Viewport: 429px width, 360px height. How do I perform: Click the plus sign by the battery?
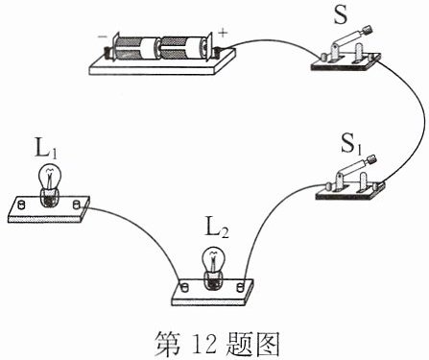pyautogui.click(x=223, y=33)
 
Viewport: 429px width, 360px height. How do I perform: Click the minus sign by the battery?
pyautogui.click(x=103, y=36)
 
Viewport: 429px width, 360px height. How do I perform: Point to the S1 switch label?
pyautogui.click(x=352, y=144)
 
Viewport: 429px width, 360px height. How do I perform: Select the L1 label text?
pyautogui.click(x=46, y=150)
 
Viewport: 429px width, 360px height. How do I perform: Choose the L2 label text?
pyautogui.click(x=217, y=228)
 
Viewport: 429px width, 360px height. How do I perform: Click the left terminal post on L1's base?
pyautogui.click(x=21, y=204)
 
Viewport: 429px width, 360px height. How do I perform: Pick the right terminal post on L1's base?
pyautogui.click(x=77, y=204)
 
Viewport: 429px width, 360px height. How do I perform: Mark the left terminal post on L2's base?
pyautogui.click(x=184, y=287)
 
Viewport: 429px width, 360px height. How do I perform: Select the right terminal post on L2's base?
pyautogui.click(x=240, y=286)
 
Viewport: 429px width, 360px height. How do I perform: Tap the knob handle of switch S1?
pyautogui.click(x=371, y=159)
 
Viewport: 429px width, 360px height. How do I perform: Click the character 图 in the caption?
pyautogui.click(x=267, y=344)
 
